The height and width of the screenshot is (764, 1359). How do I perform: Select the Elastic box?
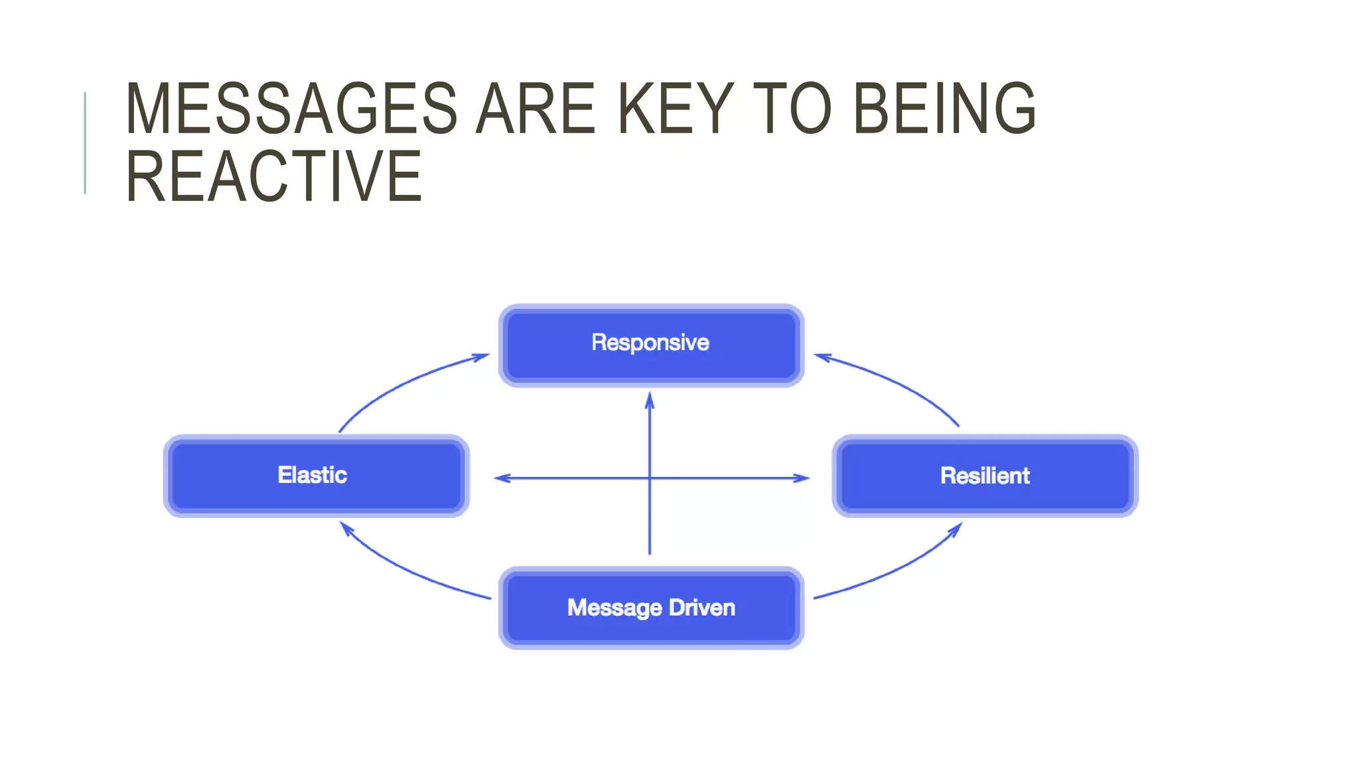point(316,476)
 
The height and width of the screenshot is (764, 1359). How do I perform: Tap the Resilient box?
point(985,476)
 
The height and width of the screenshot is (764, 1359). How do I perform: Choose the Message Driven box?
point(651,607)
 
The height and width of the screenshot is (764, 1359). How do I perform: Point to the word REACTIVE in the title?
point(273,176)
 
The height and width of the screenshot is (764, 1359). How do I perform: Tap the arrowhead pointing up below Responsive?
point(650,399)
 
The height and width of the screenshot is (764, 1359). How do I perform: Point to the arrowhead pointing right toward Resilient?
point(801,477)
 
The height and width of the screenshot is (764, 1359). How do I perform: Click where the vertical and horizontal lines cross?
point(650,477)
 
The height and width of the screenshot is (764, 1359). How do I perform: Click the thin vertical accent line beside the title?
point(85,143)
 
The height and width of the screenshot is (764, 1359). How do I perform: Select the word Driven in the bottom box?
point(701,607)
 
